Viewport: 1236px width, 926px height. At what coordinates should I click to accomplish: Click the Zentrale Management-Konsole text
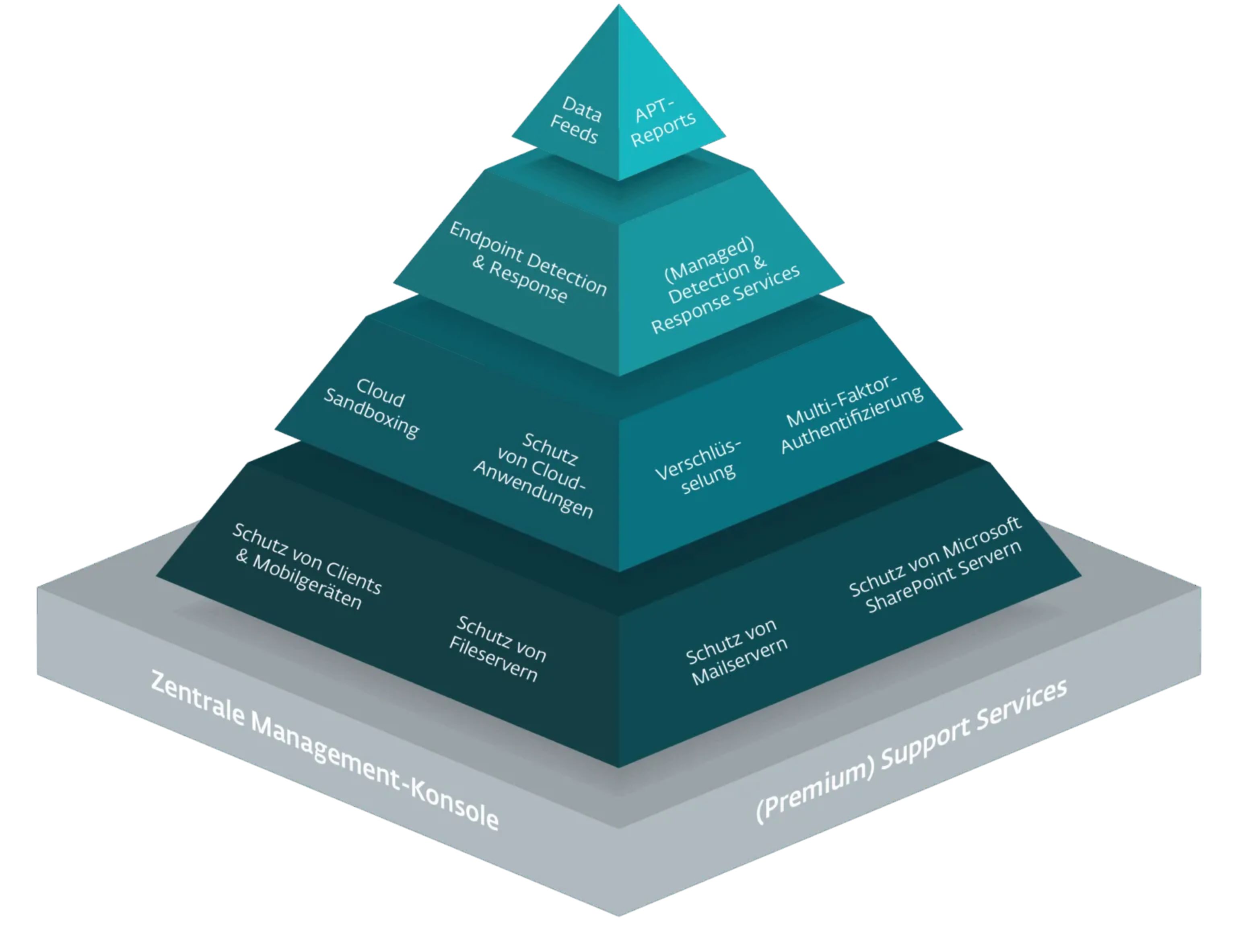pos(324,751)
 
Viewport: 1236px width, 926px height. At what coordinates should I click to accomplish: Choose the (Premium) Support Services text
pos(911,751)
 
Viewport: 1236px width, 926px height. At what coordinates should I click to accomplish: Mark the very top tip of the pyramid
pos(618,7)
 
